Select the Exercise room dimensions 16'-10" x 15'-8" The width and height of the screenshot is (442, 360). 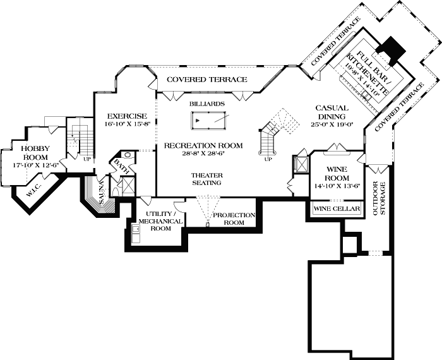click(x=127, y=124)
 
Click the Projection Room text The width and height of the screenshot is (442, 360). click(x=234, y=219)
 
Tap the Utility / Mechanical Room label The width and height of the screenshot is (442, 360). click(x=160, y=221)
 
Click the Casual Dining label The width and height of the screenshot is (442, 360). click(x=331, y=112)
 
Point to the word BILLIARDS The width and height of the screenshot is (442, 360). click(x=206, y=102)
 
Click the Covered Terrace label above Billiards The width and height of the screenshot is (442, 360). click(x=206, y=80)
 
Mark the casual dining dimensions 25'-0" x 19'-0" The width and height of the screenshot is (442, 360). click(x=331, y=124)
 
